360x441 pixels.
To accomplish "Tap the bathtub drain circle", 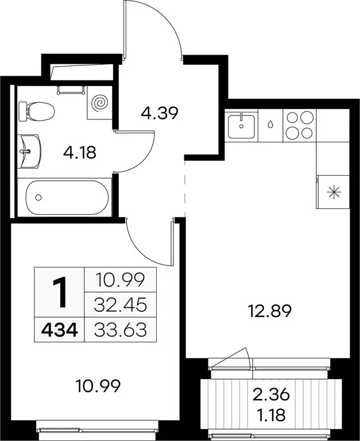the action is tap(38, 198).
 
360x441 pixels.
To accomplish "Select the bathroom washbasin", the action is tap(29, 152).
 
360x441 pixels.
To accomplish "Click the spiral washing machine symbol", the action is tap(100, 103).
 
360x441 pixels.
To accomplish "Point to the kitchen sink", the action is tap(241, 126).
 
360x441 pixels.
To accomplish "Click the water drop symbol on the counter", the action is tap(270, 123).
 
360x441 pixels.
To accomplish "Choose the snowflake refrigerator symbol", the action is tap(334, 192).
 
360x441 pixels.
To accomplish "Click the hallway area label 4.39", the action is tap(160, 114).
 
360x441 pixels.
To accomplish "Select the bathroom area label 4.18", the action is tap(80, 153).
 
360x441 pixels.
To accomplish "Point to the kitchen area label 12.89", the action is tap(269, 311).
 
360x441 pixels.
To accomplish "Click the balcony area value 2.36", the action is tap(271, 394).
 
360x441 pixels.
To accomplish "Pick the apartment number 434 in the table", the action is tap(59, 330).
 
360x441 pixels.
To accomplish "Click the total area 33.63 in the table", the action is tap(121, 330).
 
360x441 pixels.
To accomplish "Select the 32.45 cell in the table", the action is tap(121, 305).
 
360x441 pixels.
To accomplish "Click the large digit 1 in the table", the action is tap(60, 292).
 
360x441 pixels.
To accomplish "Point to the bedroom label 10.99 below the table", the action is tap(98, 386).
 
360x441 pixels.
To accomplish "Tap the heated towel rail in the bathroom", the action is tap(71, 90).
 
